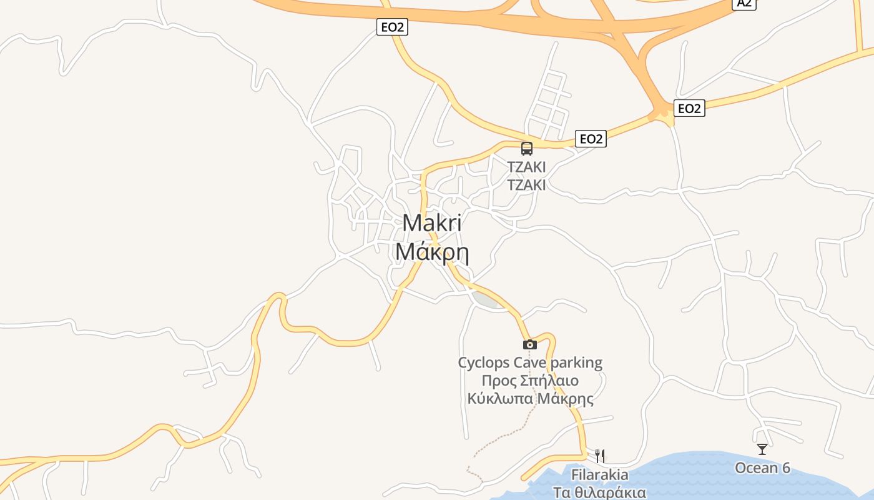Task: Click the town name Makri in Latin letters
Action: tap(432, 224)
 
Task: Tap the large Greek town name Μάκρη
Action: tap(432, 252)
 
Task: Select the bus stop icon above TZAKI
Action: tap(527, 148)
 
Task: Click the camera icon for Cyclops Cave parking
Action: tap(529, 344)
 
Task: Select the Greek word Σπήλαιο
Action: tap(548, 381)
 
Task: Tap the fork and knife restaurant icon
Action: tap(600, 456)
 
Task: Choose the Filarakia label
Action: tap(600, 474)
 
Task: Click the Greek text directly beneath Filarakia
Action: tap(600, 492)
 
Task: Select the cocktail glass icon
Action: tap(762, 449)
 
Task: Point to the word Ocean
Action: tap(756, 467)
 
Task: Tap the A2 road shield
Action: tap(744, 3)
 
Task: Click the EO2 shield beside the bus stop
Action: tap(591, 139)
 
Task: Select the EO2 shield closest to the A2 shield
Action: tap(689, 108)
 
